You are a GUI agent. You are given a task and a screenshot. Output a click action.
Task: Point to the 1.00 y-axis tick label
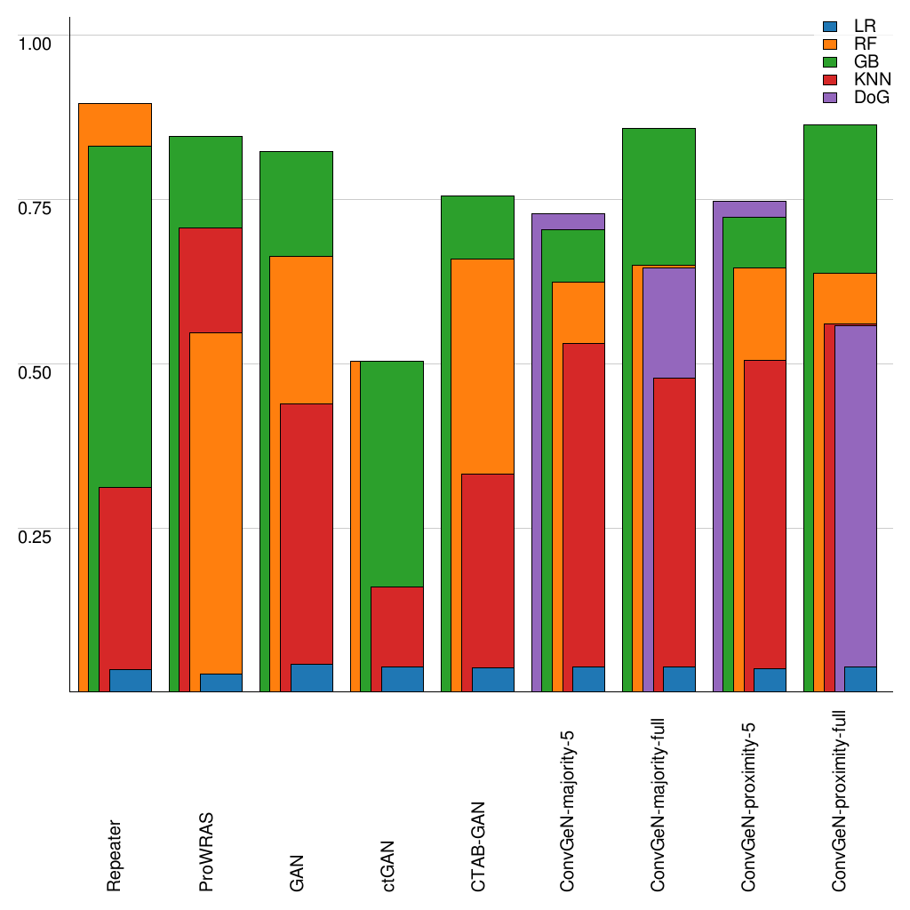[x=36, y=43]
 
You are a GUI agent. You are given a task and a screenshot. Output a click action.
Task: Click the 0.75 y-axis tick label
[x=36, y=207]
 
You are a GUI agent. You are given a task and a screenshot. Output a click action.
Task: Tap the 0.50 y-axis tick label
[x=36, y=371]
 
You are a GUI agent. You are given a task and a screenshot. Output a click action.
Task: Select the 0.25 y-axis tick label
[x=36, y=536]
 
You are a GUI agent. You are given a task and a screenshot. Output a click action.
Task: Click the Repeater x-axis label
[x=115, y=855]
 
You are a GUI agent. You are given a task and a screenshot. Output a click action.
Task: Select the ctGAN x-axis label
[x=387, y=866]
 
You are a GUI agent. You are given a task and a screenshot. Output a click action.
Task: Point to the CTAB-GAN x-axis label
[x=477, y=844]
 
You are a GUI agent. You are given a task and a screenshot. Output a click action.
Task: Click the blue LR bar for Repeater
[x=130, y=680]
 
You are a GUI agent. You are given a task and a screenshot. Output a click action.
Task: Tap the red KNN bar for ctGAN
[x=396, y=627]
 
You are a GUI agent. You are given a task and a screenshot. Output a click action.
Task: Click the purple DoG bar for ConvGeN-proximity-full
[x=856, y=493]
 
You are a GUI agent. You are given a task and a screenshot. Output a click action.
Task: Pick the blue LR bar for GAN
[x=311, y=677]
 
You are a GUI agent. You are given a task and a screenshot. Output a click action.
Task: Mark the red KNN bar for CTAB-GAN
[x=487, y=569]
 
